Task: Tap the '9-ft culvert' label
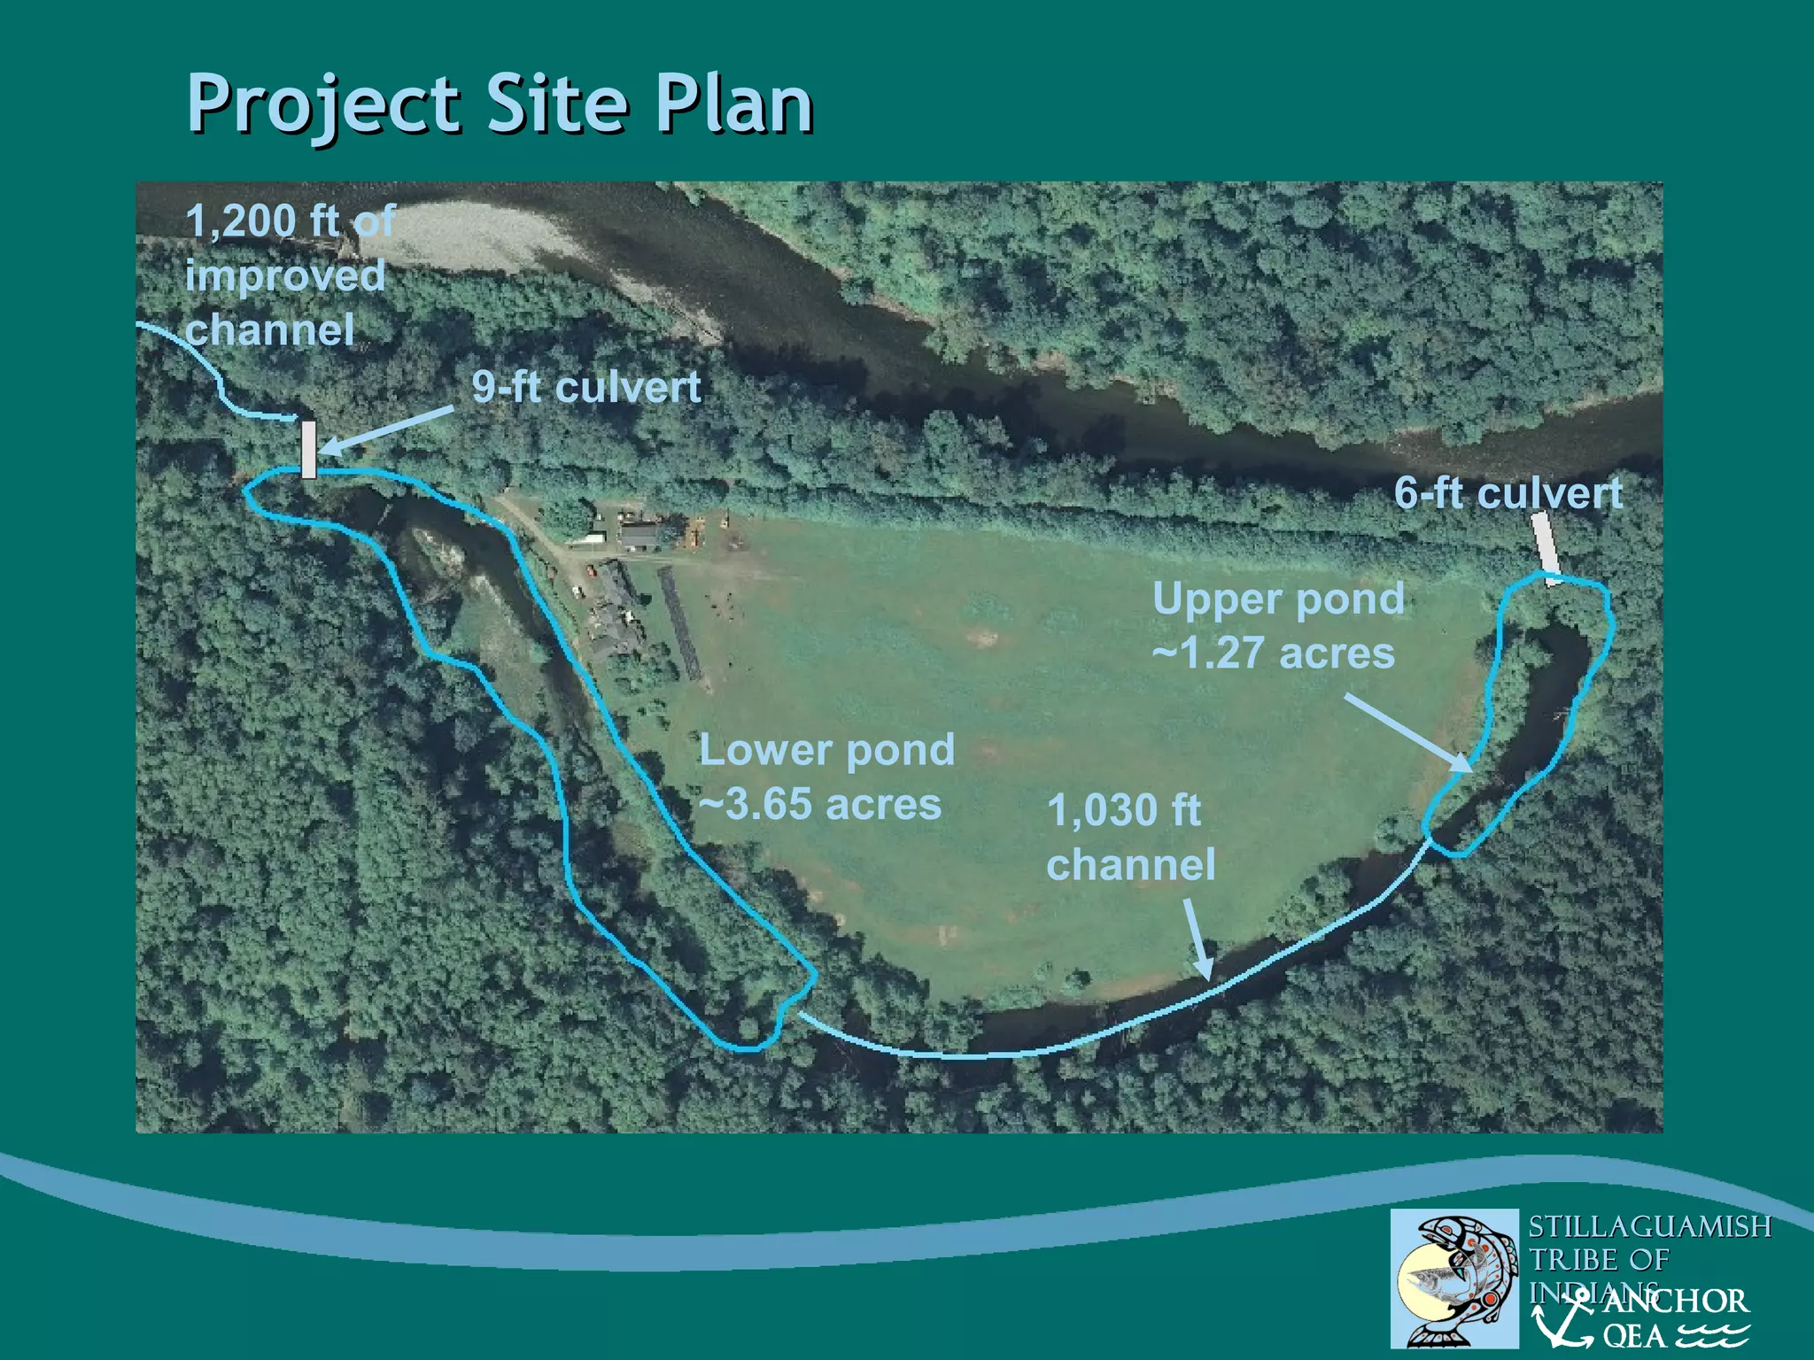586,387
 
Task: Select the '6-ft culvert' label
1508,493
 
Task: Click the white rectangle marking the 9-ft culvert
308,449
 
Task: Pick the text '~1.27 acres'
1274,653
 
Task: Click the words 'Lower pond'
827,750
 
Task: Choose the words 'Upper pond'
1278,599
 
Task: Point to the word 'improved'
285,275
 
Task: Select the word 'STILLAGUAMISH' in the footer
1649,1226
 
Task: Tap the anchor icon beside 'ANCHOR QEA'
1564,1319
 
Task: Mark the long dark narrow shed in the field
680,624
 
